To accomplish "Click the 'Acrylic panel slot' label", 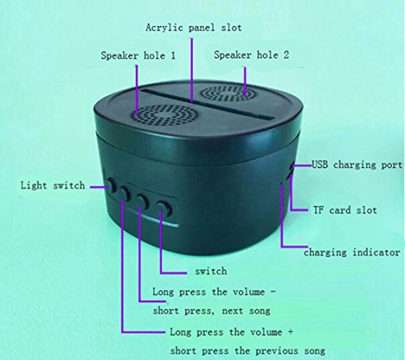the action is (x=194, y=28).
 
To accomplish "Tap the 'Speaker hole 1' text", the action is (x=138, y=56).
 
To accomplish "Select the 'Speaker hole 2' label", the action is (x=251, y=55).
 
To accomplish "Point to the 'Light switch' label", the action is (x=53, y=186).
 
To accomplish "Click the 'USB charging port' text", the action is (x=357, y=165).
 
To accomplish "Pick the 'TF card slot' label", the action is (x=345, y=210).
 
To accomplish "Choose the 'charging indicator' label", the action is (x=352, y=252).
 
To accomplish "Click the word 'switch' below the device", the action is (x=211, y=271).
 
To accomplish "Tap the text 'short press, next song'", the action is (x=211, y=311).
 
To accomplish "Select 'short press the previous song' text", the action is (x=248, y=351).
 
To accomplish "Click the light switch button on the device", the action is (x=110, y=185).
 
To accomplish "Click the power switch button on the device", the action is (x=164, y=208).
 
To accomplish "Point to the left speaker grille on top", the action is (x=161, y=115).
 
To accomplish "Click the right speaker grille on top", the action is (x=228, y=93).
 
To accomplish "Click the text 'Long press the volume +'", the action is (x=231, y=332).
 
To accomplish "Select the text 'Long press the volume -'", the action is (x=214, y=292).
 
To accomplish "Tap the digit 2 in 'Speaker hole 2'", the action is (x=286, y=54).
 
